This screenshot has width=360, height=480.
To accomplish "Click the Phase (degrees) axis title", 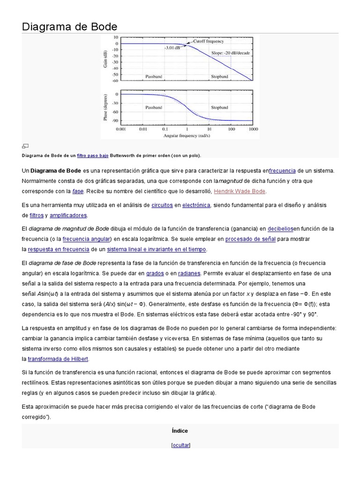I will click(106, 107).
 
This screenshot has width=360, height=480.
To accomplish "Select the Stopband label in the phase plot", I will click(219, 107).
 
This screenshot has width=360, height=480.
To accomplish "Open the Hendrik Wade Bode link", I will click(240, 191).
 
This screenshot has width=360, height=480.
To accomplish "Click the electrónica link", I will click(196, 205).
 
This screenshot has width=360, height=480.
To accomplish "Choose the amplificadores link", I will click(68, 215).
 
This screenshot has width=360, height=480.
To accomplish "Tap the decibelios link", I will click(280, 229).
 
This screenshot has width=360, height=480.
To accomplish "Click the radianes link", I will click(189, 273).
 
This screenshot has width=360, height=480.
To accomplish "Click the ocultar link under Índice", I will click(181, 445).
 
